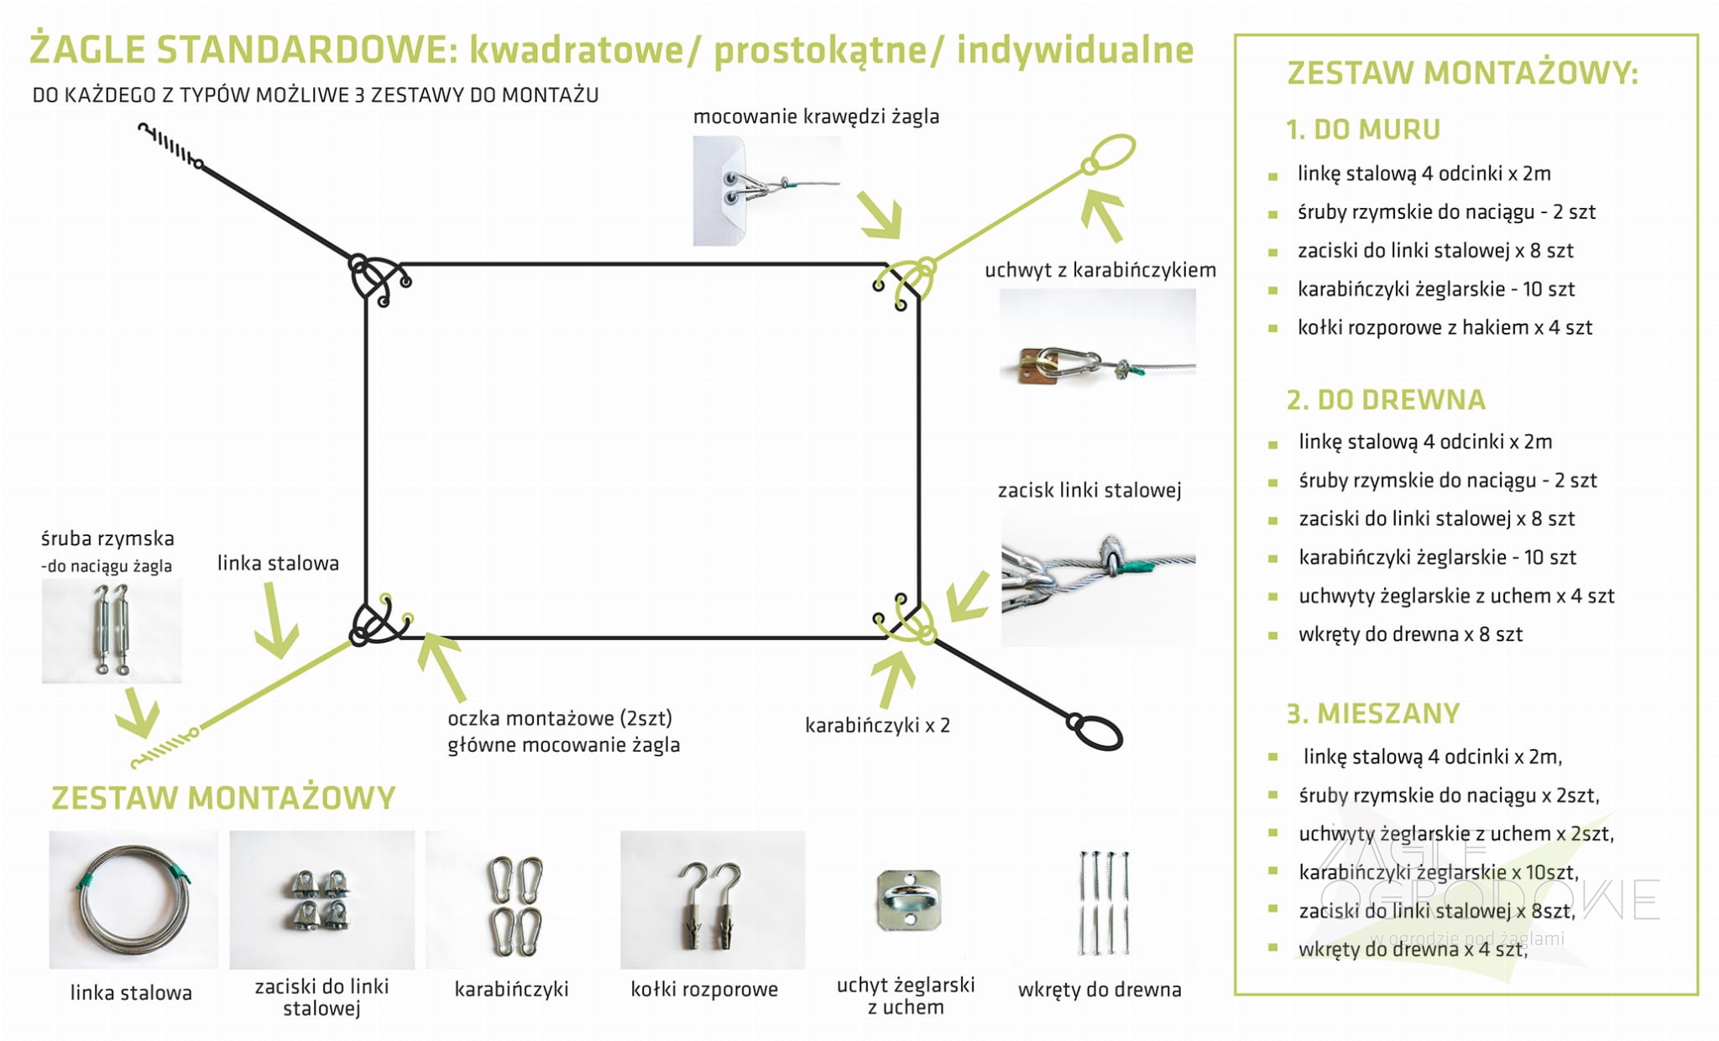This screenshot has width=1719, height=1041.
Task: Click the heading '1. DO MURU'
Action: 1363,130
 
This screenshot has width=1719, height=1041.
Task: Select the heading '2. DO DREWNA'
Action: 1386,400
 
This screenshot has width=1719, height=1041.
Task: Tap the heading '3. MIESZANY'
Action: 1373,714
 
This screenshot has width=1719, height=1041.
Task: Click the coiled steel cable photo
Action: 133,899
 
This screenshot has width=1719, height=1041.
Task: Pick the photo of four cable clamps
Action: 321,900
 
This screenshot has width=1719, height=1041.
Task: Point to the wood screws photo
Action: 1102,903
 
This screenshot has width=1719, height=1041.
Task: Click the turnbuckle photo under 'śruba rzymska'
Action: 112,630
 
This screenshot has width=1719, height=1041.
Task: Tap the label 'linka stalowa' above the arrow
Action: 278,564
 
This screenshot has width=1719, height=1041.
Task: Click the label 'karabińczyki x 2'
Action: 877,726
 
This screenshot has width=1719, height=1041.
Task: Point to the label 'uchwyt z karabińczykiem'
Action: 1100,270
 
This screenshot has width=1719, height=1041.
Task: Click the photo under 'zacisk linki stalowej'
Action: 1098,578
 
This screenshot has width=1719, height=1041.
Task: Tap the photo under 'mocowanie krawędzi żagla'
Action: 765,191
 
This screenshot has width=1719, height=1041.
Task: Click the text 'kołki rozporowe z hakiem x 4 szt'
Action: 1445,328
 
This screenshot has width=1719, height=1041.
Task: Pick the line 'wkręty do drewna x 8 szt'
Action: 1410,635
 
